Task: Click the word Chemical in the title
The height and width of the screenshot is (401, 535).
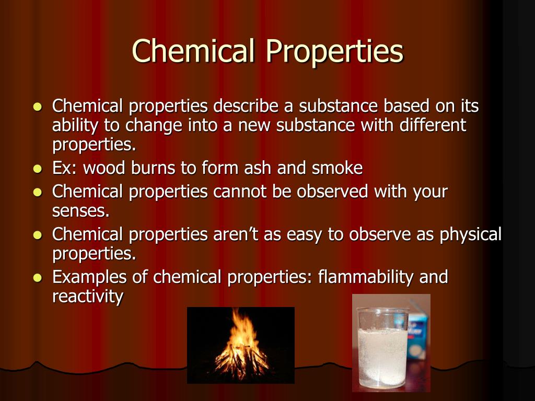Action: [193, 51]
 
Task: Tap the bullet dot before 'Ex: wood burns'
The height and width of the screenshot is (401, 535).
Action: [37, 169]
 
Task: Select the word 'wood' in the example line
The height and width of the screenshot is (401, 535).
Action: [104, 168]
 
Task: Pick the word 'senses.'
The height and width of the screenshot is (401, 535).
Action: [81, 211]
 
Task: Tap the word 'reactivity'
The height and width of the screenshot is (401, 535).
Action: [88, 297]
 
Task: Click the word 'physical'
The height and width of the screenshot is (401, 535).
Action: [471, 234]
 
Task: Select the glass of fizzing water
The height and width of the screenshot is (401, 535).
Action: [382, 347]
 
